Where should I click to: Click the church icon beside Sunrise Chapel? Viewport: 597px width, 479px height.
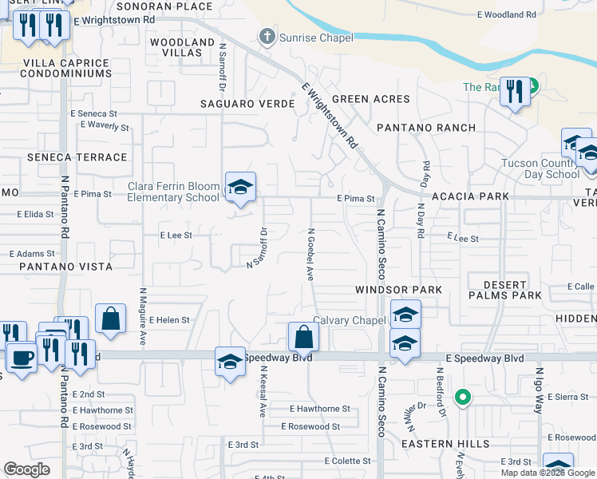pyautogui.click(x=266, y=36)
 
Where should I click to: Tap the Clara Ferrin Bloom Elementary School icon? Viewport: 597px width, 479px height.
pyautogui.click(x=240, y=187)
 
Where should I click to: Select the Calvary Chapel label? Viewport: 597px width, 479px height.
pyautogui.click(x=349, y=320)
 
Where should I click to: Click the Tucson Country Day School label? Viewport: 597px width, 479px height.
pyautogui.click(x=540, y=168)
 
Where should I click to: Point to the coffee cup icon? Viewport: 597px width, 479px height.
pyautogui.click(x=22, y=357)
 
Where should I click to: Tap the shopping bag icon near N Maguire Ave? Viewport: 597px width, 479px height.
pyautogui.click(x=111, y=318)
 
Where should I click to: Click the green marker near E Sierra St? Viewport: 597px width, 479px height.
pyautogui.click(x=461, y=397)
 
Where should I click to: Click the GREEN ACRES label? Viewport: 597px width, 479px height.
pyautogui.click(x=370, y=99)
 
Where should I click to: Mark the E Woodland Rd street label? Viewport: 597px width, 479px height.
pyautogui.click(x=507, y=15)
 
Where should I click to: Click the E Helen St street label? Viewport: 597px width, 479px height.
pyautogui.click(x=168, y=320)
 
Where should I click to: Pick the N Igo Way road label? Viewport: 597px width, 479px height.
pyautogui.click(x=539, y=394)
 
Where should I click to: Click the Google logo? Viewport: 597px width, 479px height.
pyautogui.click(x=27, y=469)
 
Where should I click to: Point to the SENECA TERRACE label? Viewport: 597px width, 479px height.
pyautogui.click(x=77, y=157)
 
